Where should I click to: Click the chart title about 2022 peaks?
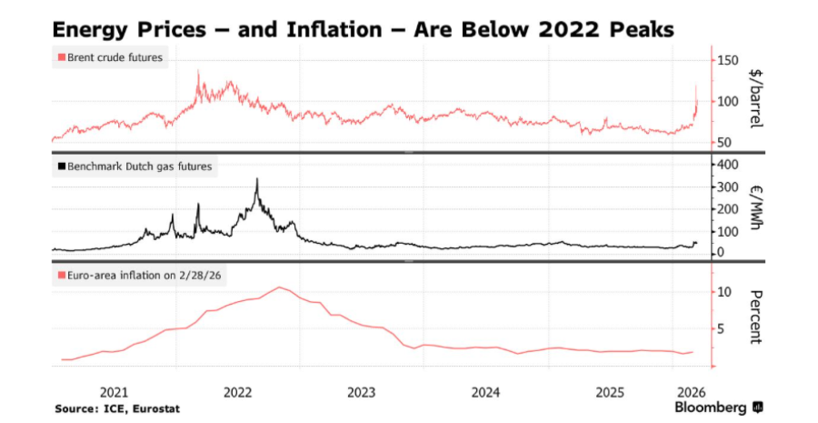pyautogui.click(x=364, y=29)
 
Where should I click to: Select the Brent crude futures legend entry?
pyautogui.click(x=114, y=59)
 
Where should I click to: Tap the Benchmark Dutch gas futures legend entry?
pyautogui.click(x=136, y=166)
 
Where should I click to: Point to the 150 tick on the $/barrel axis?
pyautogui.click(x=729, y=60)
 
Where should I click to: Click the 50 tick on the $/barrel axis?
pyautogui.click(x=726, y=143)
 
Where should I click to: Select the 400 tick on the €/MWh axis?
pyautogui.click(x=729, y=165)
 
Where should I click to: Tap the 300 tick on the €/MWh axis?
pyautogui.click(x=729, y=186)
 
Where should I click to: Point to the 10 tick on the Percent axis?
pyautogui.click(x=725, y=292)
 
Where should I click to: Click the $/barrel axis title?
pyautogui.click(x=757, y=100)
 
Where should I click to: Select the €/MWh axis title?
pyautogui.click(x=757, y=207)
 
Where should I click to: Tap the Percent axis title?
pyautogui.click(x=757, y=317)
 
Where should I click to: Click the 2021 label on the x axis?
pyautogui.click(x=114, y=393)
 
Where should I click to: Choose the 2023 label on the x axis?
pyautogui.click(x=362, y=393)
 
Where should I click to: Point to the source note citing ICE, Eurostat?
pyautogui.click(x=116, y=408)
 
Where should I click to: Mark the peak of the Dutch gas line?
pyautogui.click(x=257, y=179)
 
